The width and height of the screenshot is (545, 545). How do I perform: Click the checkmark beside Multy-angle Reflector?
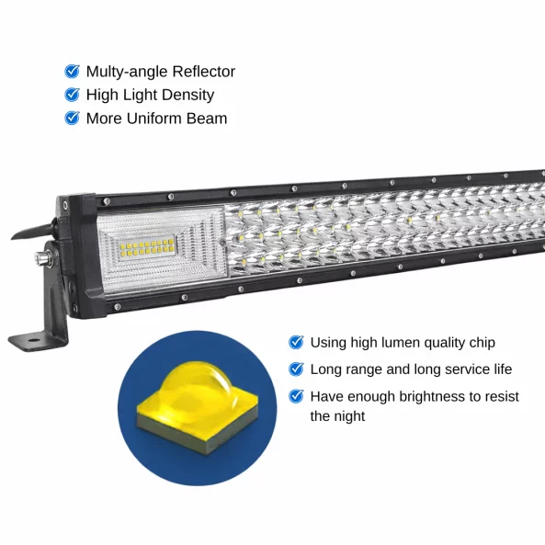click(x=72, y=71)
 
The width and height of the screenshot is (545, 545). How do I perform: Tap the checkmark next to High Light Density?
click(x=72, y=95)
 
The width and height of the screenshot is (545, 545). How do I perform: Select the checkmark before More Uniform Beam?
click(x=72, y=119)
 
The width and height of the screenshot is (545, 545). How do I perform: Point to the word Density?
click(x=187, y=95)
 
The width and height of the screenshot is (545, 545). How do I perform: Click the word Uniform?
click(x=158, y=119)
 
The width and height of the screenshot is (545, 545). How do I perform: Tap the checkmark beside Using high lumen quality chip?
click(x=296, y=342)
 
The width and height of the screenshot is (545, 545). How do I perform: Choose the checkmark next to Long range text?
click(x=296, y=369)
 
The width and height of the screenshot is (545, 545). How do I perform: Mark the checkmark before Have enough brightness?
click(x=296, y=396)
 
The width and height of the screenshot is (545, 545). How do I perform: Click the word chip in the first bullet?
click(x=480, y=343)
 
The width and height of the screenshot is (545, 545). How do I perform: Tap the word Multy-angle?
click(x=126, y=72)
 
